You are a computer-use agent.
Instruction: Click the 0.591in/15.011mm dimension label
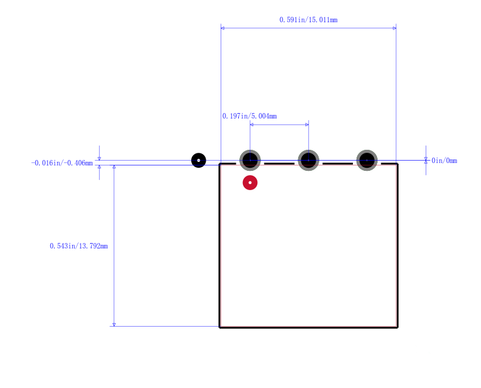[308, 20]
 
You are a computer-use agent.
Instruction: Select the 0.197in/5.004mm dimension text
[250, 116]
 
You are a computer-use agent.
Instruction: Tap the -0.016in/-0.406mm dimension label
[62, 163]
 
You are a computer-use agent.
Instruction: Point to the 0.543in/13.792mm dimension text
[79, 246]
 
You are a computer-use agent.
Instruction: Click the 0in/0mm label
[444, 161]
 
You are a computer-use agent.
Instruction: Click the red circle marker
[250, 183]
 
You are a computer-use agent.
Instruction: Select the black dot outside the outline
[198, 160]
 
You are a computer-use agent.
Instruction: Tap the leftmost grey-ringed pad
[250, 160]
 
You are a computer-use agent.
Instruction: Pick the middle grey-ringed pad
[308, 160]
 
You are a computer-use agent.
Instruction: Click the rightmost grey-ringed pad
[367, 160]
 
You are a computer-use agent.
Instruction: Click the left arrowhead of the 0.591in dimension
[222, 28]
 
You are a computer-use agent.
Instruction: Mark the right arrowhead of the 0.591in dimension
[394, 28]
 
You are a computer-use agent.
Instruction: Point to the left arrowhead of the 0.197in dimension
[251, 125]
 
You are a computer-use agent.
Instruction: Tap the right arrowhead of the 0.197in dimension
[307, 125]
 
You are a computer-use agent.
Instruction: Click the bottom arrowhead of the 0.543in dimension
[114, 324]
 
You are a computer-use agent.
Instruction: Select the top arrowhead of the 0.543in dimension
[114, 167]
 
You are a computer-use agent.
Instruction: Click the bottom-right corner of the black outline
[397, 327]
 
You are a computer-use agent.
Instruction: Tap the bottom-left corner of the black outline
[219, 327]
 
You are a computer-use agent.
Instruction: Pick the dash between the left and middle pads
[279, 164]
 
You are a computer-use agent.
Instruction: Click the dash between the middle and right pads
[337, 164]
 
